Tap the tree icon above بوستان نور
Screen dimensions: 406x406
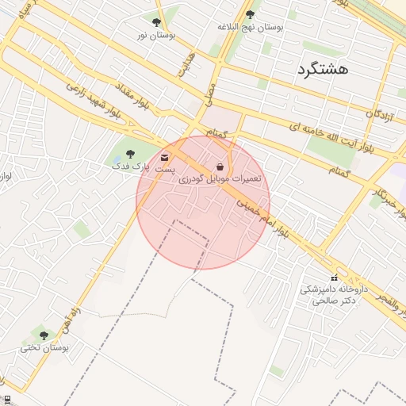click(x=155, y=22)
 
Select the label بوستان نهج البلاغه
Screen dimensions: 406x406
click(x=251, y=26)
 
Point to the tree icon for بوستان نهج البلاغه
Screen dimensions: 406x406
click(x=251, y=14)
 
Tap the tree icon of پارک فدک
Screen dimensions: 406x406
click(x=131, y=155)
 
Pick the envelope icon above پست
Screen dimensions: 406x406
click(x=164, y=157)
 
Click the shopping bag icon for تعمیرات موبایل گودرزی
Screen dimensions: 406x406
click(x=219, y=167)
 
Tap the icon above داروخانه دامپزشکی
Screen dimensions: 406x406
click(x=333, y=278)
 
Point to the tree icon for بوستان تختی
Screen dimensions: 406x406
click(x=44, y=335)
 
